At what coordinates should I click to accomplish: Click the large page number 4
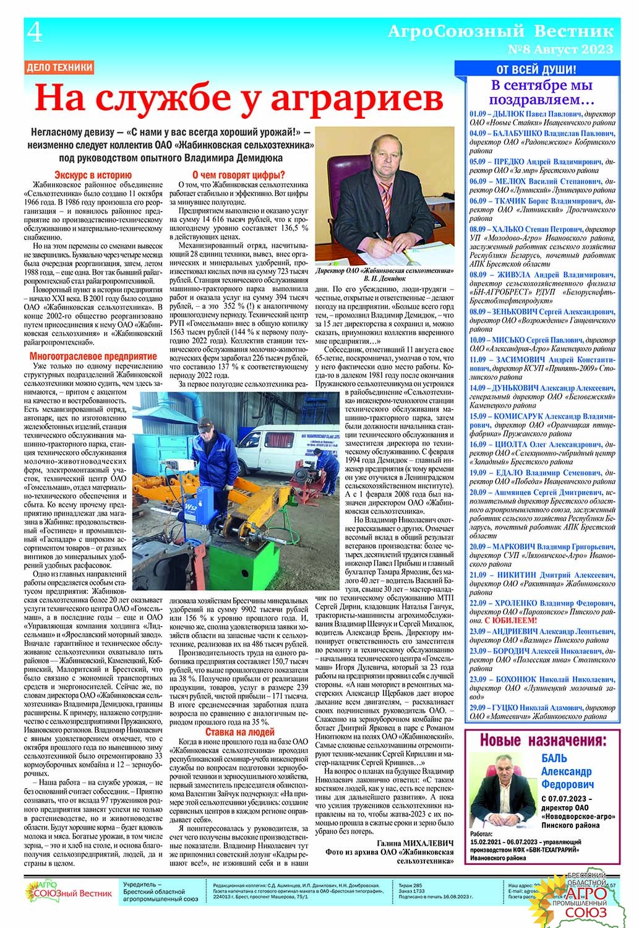tap(35, 32)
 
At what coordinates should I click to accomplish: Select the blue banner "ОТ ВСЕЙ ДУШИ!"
tap(536, 69)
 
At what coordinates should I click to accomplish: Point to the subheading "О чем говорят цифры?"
tap(239, 175)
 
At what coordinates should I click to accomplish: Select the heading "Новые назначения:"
tap(542, 741)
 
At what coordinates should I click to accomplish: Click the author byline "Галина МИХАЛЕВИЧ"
tap(414, 843)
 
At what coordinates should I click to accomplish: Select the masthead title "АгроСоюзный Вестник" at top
tap(500, 32)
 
